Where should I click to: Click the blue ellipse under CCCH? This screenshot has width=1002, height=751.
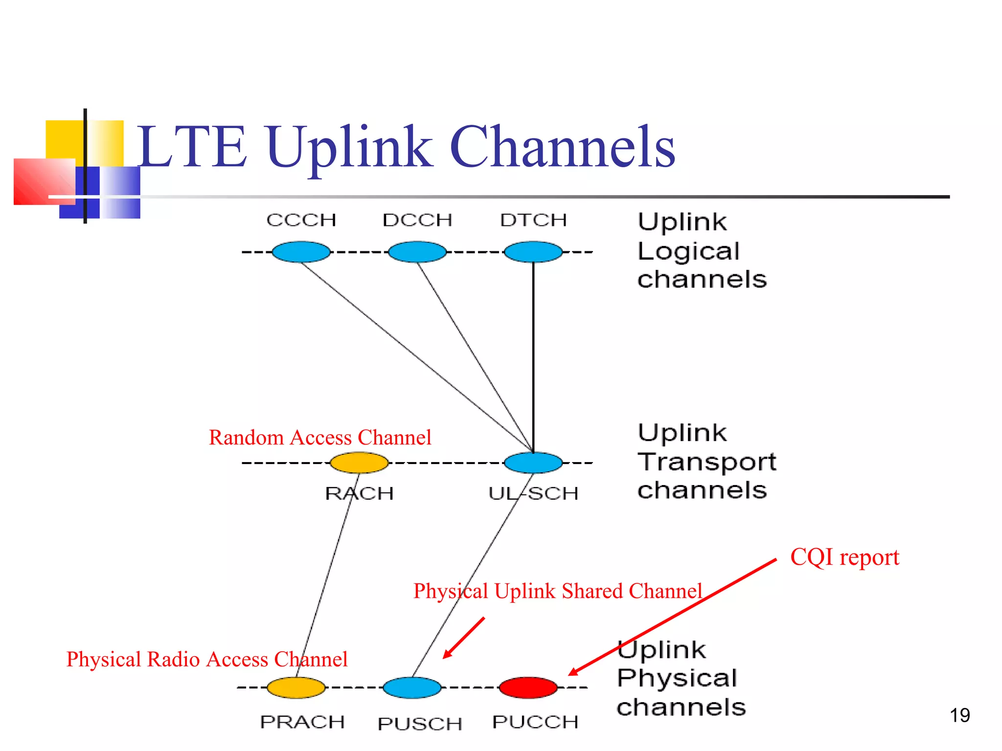coord(301,252)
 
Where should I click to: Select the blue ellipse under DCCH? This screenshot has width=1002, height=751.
coord(417,252)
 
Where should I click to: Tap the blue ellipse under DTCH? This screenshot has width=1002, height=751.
coord(533,252)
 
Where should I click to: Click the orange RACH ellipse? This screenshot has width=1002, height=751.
coord(359,463)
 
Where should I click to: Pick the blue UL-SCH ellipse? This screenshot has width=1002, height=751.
coord(533,463)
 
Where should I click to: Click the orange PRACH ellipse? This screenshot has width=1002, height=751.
coord(296,687)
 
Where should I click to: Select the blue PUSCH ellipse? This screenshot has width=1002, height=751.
coord(412,687)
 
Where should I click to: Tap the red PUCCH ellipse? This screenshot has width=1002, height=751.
coord(528,687)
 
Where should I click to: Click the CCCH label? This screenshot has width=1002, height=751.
coord(301,220)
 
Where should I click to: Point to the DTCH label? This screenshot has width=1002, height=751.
coord(533,220)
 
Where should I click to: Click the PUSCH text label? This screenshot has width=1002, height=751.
coord(420,724)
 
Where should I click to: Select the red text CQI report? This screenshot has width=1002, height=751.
coord(845,557)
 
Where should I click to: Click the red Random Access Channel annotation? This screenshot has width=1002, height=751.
coord(320,437)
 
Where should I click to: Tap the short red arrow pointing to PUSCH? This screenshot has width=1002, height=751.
coord(464,638)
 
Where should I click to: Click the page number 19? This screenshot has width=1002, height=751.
coord(960,715)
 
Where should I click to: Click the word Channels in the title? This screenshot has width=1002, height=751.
coord(563,147)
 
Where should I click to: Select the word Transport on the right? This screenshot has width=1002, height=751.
coord(707,462)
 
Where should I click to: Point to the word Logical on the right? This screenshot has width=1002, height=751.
coord(688,251)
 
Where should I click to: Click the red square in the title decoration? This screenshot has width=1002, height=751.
coord(44,181)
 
